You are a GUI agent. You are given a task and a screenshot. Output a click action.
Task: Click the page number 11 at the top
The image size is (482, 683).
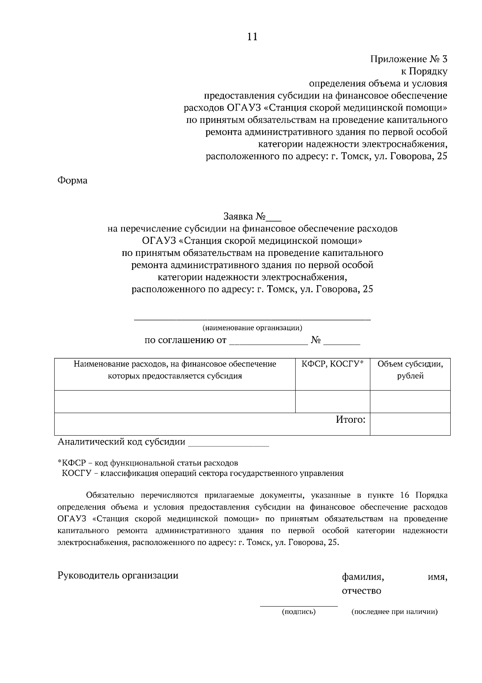click(252, 37)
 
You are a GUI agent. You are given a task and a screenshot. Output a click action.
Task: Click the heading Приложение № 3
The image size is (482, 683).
click(408, 60)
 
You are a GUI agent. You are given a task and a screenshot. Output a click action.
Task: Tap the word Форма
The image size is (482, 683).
click(72, 180)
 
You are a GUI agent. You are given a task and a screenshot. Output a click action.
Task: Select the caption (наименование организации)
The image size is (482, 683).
click(252, 328)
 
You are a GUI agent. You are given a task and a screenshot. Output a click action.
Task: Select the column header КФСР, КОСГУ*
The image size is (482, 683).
click(333, 364)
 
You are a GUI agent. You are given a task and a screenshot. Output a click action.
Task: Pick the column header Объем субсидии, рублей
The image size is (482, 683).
click(410, 370)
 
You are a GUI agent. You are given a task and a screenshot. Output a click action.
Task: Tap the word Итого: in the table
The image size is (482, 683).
click(351, 420)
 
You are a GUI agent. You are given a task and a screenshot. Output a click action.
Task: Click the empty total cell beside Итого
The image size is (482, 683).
click(410, 424)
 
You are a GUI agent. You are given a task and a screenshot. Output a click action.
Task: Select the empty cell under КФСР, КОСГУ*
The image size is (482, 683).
click(333, 401)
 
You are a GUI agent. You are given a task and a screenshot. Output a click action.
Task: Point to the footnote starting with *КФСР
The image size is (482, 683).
click(148, 463)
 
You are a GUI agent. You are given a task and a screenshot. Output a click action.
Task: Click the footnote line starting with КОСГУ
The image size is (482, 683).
click(203, 473)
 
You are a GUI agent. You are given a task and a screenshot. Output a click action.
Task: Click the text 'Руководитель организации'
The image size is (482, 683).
click(118, 576)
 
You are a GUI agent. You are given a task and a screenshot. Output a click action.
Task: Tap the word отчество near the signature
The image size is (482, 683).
click(361, 591)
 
